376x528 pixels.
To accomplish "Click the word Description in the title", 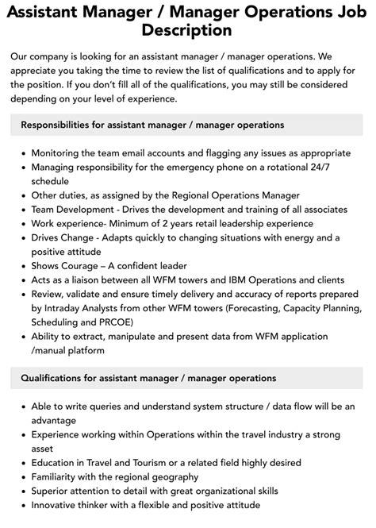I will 188,30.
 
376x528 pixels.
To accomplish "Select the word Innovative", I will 59,505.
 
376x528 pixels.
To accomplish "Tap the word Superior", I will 54,491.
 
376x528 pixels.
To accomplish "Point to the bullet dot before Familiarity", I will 20,477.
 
